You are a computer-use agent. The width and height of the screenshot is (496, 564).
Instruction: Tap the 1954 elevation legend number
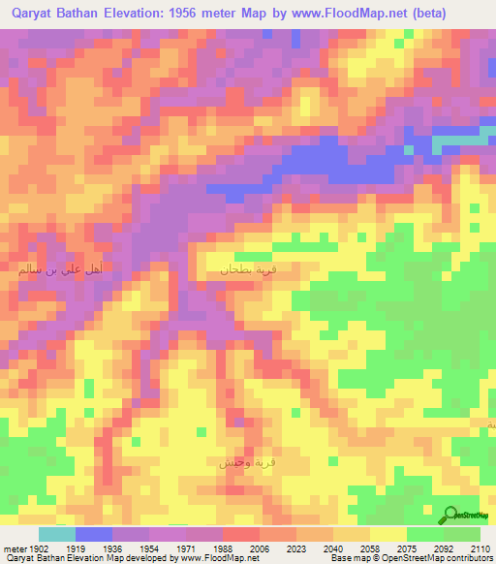click(x=149, y=548)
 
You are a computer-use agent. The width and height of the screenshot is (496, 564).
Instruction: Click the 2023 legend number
click(x=296, y=548)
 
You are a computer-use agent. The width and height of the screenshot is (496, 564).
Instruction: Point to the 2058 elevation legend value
click(x=370, y=548)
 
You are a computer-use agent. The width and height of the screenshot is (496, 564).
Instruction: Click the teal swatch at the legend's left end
click(x=57, y=534)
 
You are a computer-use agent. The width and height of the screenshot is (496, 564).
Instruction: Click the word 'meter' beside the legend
click(x=13, y=548)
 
